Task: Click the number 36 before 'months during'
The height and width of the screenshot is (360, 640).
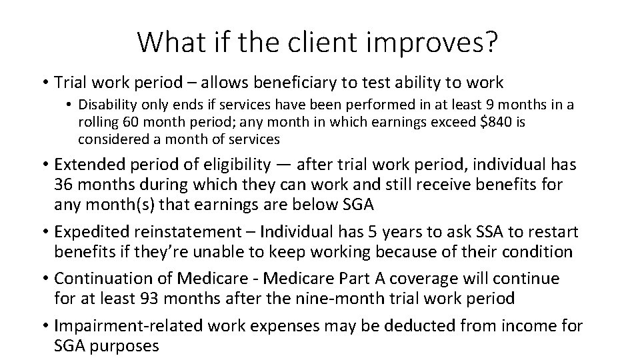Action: click(64, 183)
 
